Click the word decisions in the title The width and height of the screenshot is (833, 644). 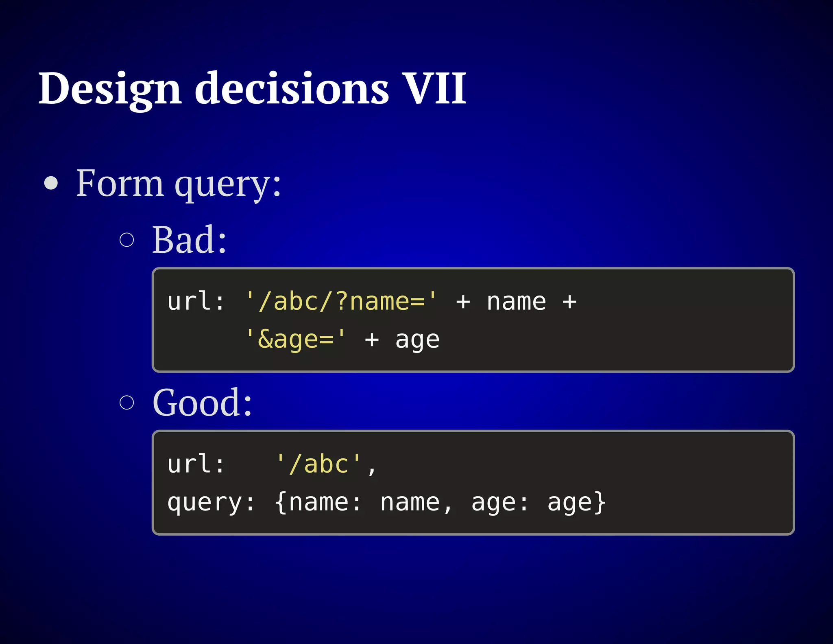point(292,89)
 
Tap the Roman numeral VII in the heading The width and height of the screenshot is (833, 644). point(434,88)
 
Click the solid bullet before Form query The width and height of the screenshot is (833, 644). point(51,183)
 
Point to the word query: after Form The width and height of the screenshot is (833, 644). point(228,185)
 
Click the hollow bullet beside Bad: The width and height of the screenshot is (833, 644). point(127,240)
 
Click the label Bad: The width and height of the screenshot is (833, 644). point(189,240)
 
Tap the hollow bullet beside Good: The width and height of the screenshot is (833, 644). point(127,403)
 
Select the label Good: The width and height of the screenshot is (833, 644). point(202,403)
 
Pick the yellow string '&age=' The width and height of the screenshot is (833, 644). point(296,340)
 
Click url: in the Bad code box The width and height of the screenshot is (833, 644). point(196,302)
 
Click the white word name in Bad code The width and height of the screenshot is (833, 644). point(516,302)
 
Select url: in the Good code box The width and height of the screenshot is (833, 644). point(196,464)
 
